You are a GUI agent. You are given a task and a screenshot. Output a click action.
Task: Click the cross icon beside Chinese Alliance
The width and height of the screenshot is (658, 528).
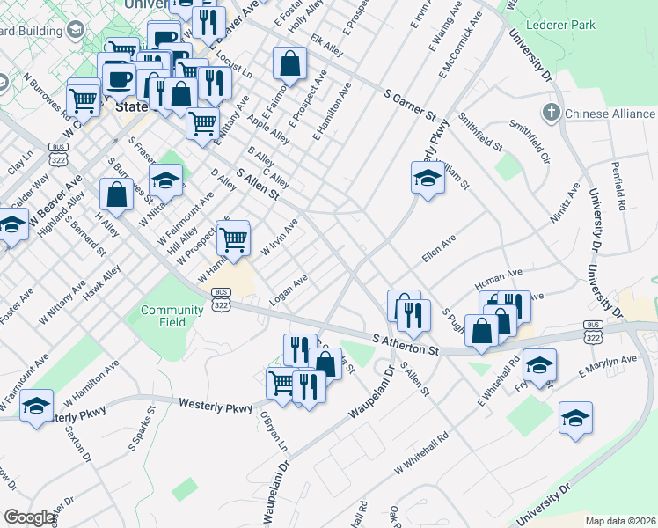(551, 113)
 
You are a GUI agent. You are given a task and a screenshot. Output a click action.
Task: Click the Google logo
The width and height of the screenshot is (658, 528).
(30, 517)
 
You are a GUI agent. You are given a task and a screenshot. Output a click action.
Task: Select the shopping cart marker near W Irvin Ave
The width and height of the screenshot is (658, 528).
(233, 238)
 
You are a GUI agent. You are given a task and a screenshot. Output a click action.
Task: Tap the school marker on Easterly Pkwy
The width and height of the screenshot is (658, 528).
(427, 179)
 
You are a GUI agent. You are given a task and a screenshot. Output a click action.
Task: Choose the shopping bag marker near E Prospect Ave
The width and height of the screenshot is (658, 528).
(289, 63)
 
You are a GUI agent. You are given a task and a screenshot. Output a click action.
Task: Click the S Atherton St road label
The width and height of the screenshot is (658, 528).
(406, 344)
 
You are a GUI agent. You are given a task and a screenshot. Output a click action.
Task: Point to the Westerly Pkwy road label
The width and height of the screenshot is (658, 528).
(216, 404)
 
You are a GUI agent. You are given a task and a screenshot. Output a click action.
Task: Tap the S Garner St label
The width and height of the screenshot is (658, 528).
(410, 104)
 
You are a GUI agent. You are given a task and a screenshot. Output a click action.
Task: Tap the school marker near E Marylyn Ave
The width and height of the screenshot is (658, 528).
(539, 363)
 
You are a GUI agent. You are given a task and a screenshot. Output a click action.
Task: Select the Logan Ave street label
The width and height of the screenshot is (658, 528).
(288, 292)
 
